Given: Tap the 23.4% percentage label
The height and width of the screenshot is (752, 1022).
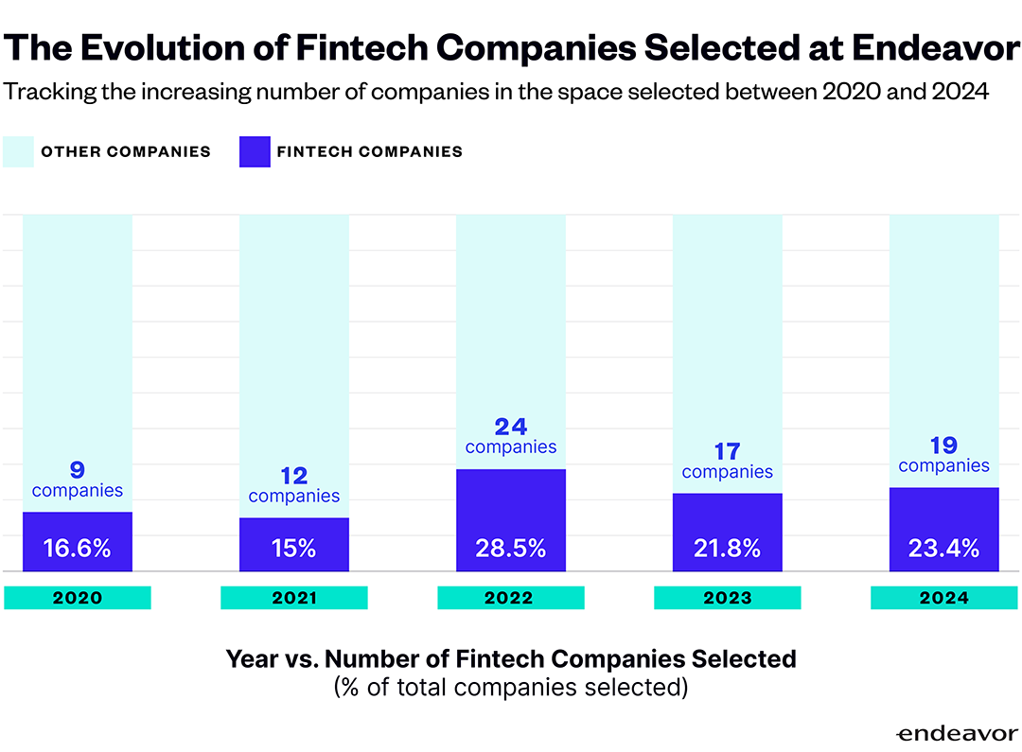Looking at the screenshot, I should (944, 548).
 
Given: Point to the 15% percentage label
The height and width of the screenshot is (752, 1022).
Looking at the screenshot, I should (293, 548).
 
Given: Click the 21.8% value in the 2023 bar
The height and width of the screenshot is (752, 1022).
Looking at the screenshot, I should (728, 548).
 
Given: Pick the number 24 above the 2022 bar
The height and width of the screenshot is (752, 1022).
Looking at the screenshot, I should (511, 427).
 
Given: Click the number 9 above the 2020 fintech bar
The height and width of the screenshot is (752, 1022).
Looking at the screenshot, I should (78, 469).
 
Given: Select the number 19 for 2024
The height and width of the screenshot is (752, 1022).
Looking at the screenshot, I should (944, 445).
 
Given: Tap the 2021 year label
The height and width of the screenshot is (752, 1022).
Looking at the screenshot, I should (293, 598).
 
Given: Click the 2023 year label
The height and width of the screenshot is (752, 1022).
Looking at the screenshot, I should (728, 598).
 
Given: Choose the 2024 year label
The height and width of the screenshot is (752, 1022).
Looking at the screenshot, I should (944, 598).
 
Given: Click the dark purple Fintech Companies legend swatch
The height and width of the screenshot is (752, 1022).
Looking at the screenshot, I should (255, 151).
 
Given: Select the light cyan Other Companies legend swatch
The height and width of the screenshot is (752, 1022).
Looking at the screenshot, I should (19, 151).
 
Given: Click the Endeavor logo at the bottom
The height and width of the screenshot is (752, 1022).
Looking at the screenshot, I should (955, 733).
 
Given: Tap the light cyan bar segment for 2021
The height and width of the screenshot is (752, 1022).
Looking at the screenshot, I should (293, 341).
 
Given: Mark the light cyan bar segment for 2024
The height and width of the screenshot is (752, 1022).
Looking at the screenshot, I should (944, 322).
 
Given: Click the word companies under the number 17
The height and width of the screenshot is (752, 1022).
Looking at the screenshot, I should (728, 472).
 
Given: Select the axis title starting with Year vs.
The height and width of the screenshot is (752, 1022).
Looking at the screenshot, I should (511, 658).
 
